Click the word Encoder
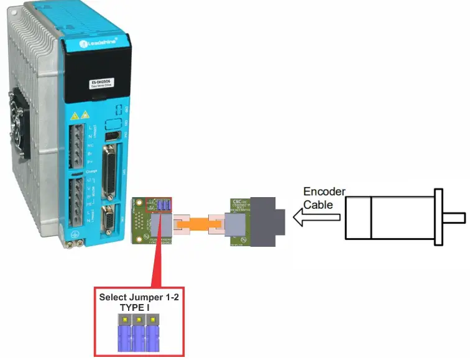tap(324, 192)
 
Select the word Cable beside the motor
tap(317, 204)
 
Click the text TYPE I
tap(137, 307)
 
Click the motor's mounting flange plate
tap(439, 216)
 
